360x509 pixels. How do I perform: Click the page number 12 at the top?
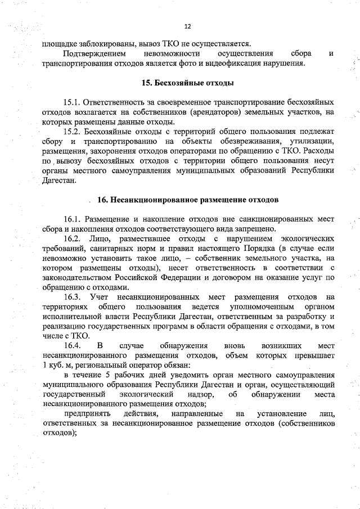(188, 26)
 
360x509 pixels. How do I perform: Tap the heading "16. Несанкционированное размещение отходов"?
(187, 200)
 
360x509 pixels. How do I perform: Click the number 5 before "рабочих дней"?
(107, 374)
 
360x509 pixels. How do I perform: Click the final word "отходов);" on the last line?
(59, 433)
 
